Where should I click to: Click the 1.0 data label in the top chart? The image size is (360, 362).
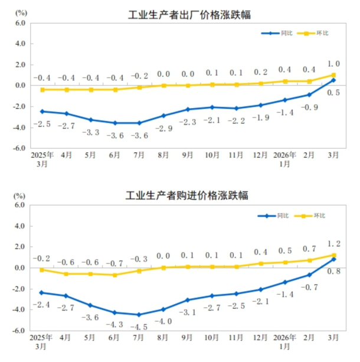[x=333, y=64]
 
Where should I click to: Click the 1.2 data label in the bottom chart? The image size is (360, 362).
[x=333, y=243]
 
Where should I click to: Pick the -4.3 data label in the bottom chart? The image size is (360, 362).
[x=115, y=324]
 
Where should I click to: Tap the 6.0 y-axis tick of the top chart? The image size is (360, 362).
[x=19, y=23]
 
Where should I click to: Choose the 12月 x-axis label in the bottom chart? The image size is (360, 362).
[x=260, y=338]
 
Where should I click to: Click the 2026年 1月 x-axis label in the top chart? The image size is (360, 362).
[x=284, y=159]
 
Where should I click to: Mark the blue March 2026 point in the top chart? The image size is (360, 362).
[x=333, y=80]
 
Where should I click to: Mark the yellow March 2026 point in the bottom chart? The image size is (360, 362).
[x=333, y=256]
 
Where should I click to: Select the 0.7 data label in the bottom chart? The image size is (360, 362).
[x=309, y=249]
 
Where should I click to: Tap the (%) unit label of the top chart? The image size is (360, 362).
[x=21, y=11]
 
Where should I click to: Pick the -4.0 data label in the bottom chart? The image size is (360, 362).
[x=163, y=321]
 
